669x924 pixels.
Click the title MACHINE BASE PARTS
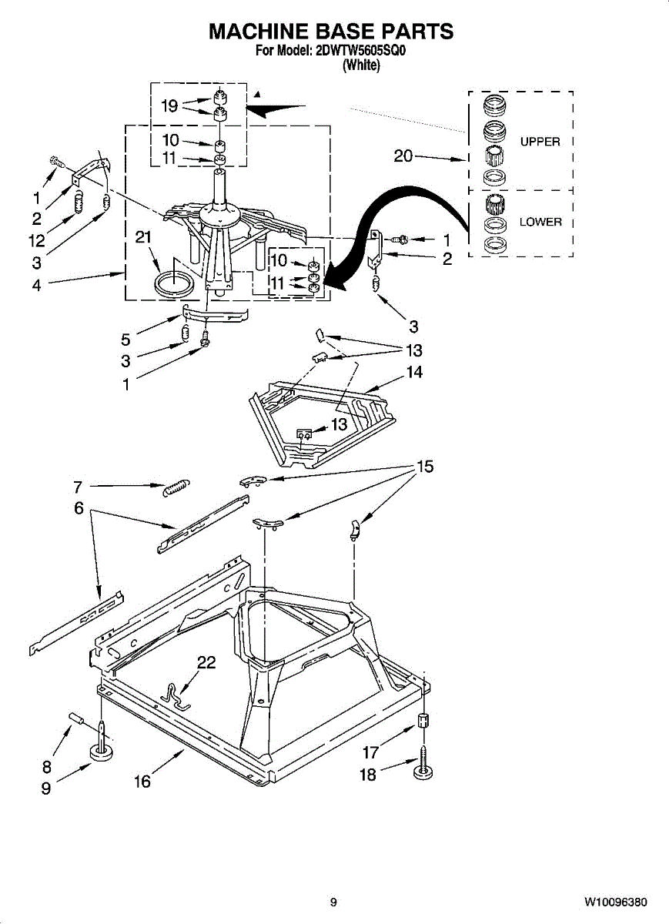pyautogui.click(x=331, y=32)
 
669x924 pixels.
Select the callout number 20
pyautogui.click(x=403, y=156)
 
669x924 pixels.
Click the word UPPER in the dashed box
pyautogui.click(x=540, y=142)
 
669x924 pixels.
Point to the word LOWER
pyautogui.click(x=540, y=223)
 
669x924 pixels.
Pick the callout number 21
pyautogui.click(x=143, y=238)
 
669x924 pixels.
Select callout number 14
pyautogui.click(x=414, y=373)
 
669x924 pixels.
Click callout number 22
pyautogui.click(x=206, y=662)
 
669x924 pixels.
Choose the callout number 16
pyautogui.click(x=142, y=782)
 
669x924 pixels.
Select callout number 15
pyautogui.click(x=425, y=467)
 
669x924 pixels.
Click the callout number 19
pyautogui.click(x=170, y=105)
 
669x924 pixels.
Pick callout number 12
pyautogui.click(x=36, y=239)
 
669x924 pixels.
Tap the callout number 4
pyautogui.click(x=36, y=284)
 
